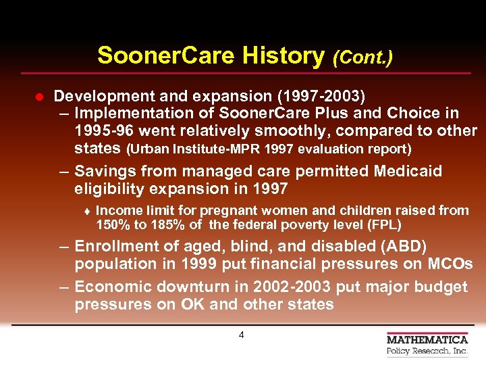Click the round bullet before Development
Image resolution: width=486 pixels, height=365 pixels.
38,97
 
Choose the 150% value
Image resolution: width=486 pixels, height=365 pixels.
111,225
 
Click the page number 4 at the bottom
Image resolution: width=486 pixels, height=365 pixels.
241,335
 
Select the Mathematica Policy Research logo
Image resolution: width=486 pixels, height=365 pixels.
427,344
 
